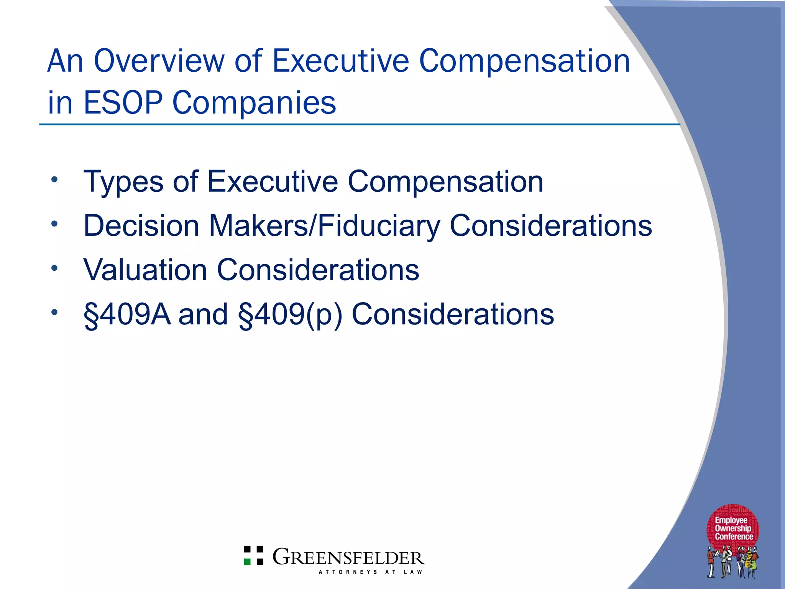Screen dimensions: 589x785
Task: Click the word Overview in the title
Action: (x=159, y=61)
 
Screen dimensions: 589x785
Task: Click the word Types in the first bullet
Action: (x=123, y=182)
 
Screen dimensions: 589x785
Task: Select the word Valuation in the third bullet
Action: (x=145, y=270)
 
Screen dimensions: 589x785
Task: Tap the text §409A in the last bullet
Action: (x=127, y=314)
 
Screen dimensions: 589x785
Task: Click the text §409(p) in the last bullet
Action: (x=290, y=314)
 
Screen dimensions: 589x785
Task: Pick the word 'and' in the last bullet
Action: (x=203, y=314)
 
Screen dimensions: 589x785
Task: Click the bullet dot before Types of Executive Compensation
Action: (x=55, y=179)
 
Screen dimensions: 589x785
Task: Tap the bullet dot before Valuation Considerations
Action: (x=55, y=268)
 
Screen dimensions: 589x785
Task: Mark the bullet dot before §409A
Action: (x=55, y=312)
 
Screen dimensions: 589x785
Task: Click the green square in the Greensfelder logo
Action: (x=248, y=562)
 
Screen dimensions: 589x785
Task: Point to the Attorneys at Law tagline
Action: (x=370, y=572)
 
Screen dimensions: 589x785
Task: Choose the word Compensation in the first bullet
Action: (x=445, y=182)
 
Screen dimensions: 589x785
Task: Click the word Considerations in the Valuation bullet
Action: (x=318, y=270)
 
